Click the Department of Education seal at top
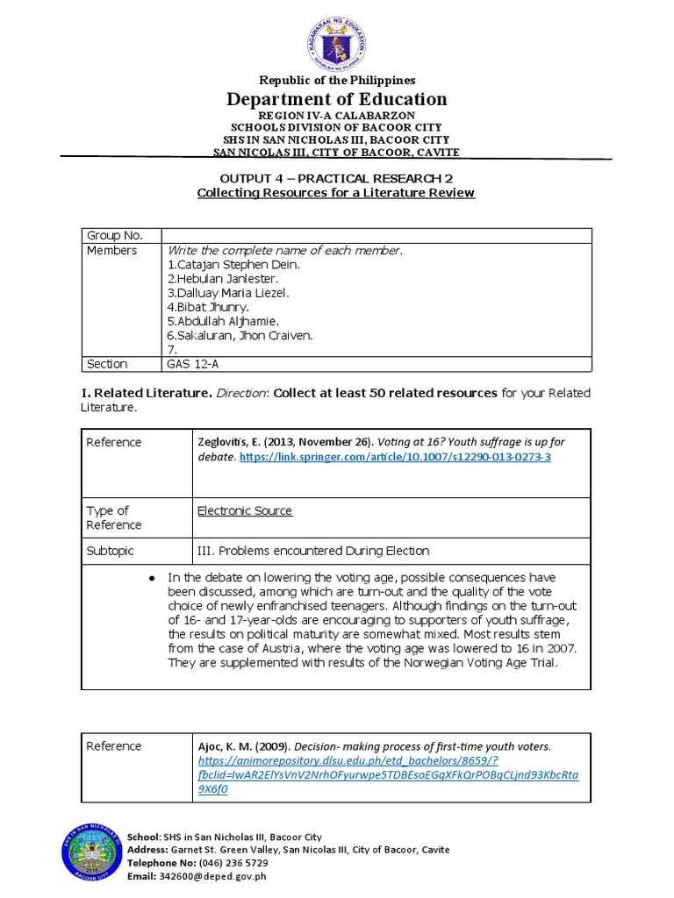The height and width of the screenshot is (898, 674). (337, 41)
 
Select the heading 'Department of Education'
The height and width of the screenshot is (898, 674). (337, 99)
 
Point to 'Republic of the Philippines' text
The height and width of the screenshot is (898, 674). (336, 80)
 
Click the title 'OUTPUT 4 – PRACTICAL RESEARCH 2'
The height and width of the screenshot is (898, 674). (336, 178)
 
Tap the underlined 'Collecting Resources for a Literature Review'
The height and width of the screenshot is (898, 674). (336, 193)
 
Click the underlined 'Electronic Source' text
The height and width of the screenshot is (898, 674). (245, 510)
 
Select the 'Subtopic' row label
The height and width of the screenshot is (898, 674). (110, 551)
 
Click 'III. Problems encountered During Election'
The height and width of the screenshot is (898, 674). (313, 551)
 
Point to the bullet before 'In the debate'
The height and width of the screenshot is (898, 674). (152, 578)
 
